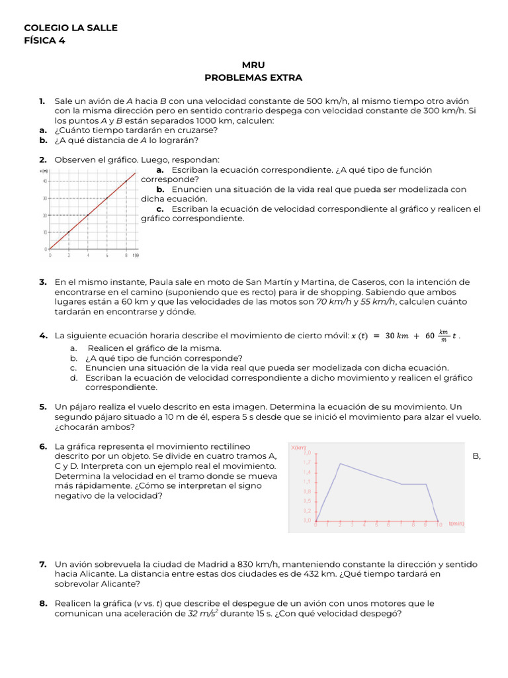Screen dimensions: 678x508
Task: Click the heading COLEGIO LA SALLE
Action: (71, 28)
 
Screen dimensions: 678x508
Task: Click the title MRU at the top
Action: (253, 65)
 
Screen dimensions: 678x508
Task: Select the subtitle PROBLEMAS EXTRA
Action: (253, 77)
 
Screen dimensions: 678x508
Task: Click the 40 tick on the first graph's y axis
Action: (44, 181)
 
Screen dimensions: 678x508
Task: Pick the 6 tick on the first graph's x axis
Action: (107, 255)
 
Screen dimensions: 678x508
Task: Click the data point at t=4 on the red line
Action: (88, 215)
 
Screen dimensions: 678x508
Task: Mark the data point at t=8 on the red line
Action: (126, 181)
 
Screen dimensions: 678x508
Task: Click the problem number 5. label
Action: (43, 406)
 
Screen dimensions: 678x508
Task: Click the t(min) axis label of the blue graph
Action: (456, 524)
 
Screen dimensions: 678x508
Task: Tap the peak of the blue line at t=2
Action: (340, 463)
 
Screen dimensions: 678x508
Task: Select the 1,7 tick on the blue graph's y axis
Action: (307, 462)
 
